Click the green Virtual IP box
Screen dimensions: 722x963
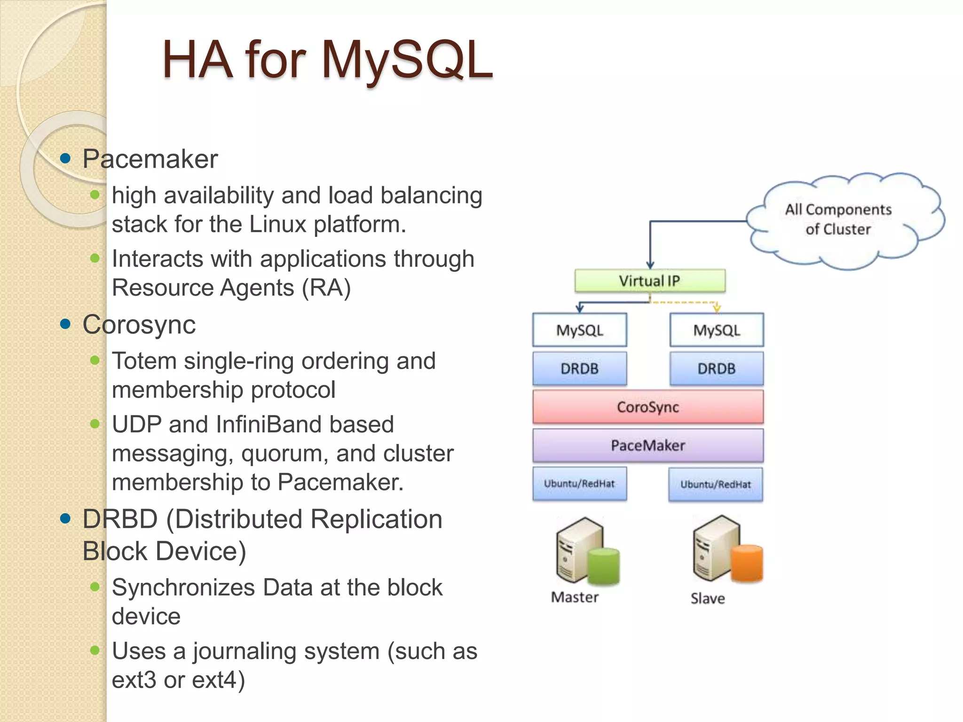pos(649,281)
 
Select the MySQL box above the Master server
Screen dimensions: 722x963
pos(579,330)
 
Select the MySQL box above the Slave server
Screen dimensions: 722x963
pos(716,330)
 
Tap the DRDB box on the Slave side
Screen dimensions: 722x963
pos(716,369)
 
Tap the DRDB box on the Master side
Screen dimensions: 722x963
pos(579,369)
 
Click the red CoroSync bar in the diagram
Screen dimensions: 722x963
pos(647,407)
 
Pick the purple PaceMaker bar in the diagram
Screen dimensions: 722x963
pos(647,445)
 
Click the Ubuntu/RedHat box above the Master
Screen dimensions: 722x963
pos(579,484)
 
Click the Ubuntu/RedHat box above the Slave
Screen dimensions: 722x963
pos(715,484)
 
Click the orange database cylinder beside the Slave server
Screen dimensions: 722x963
pos(747,563)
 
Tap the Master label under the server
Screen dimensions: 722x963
pos(575,597)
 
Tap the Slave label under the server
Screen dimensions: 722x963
pos(707,599)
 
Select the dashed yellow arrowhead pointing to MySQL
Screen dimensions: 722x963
pos(717,308)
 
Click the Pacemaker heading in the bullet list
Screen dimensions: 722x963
pos(150,159)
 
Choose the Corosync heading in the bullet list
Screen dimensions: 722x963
pos(139,324)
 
